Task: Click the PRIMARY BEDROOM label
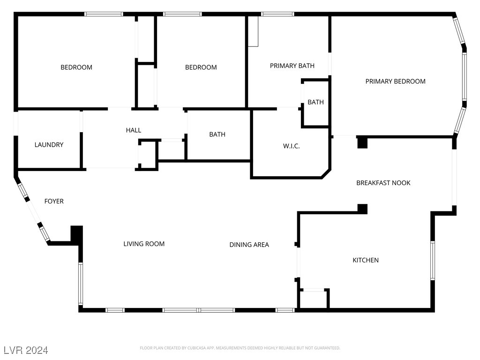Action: coord(395,82)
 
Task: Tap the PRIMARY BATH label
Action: coord(292,66)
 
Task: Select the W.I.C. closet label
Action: coord(291,146)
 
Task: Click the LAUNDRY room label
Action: coord(49,145)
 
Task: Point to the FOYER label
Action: coord(54,202)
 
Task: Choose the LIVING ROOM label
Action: coord(144,244)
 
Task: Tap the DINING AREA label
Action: coord(249,245)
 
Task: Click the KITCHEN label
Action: coord(366,260)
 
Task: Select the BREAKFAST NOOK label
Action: coord(383,183)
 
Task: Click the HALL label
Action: coord(133,130)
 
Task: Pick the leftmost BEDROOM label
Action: coord(76,67)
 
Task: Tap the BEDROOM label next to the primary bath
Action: coord(201,67)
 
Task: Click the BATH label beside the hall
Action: coord(217,135)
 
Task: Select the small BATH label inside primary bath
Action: coord(315,102)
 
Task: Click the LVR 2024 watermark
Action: coord(26,350)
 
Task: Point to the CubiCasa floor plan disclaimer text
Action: coord(240,348)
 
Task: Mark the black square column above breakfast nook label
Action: coord(362,142)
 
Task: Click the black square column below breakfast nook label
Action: coord(362,209)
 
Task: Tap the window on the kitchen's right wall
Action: coord(432,261)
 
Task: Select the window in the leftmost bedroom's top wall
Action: coord(104,14)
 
